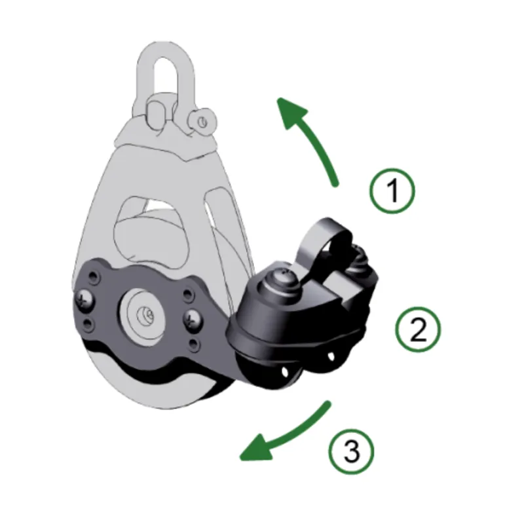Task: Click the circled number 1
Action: click(x=392, y=191)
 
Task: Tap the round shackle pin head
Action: click(x=200, y=121)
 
